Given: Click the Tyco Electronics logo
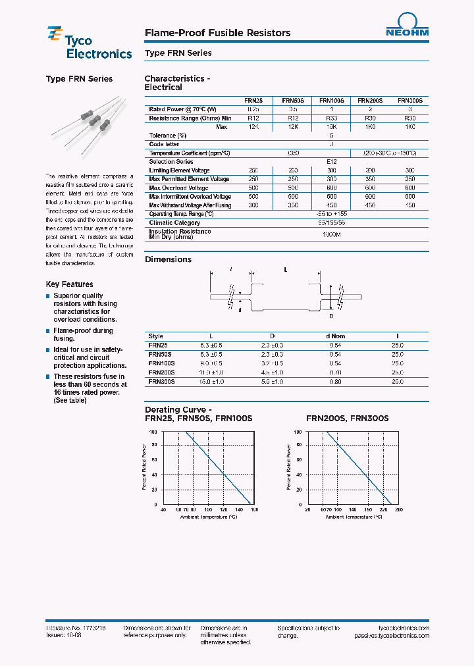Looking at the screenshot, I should [89, 44].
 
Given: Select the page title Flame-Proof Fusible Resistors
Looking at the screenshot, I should [217, 33].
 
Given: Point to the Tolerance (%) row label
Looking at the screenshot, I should [167, 136].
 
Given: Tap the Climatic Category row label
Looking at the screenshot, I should [174, 222].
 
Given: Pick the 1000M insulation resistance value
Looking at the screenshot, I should [331, 234].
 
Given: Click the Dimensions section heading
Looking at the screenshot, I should [168, 259].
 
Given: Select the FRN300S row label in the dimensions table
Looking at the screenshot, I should [162, 381].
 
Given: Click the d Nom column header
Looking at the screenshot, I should [335, 336].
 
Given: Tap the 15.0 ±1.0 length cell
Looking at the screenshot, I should [211, 381].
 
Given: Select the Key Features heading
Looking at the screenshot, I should [69, 284].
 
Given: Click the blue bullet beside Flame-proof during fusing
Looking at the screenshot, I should [47, 331].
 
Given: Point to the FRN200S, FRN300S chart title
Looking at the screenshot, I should [347, 418].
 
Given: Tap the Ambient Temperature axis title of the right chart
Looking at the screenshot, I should [354, 517].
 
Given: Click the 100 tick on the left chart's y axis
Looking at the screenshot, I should [153, 432].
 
